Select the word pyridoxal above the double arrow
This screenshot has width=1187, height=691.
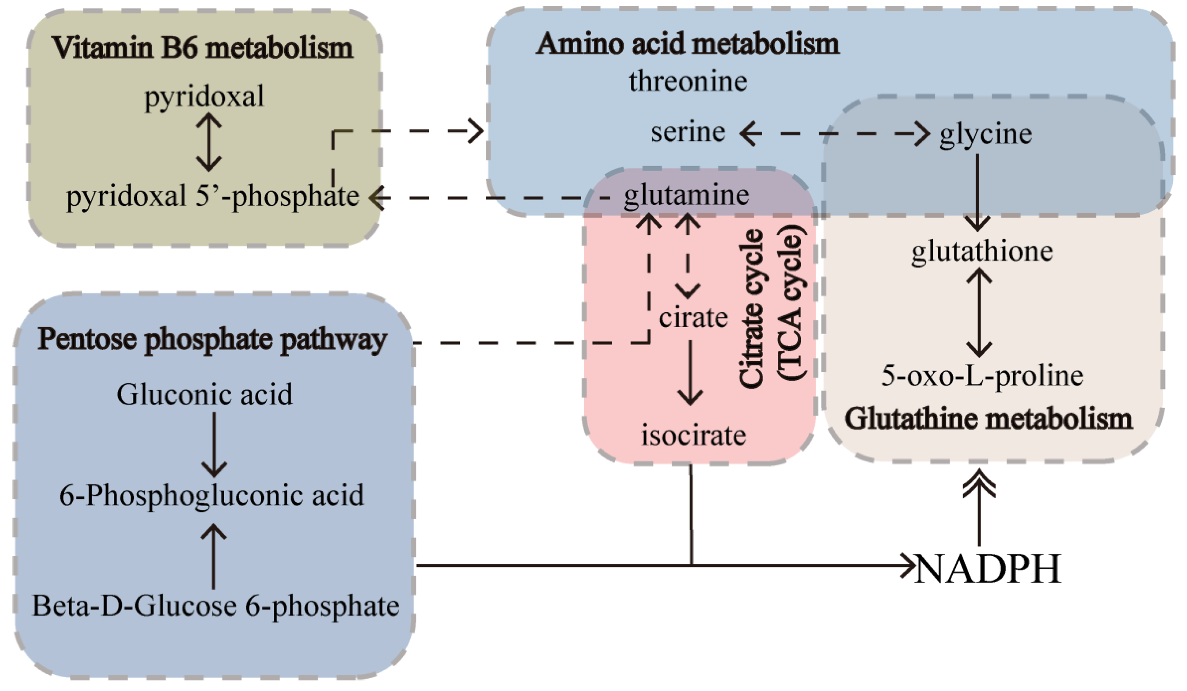coord(204,97)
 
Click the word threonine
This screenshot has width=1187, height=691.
coord(688,81)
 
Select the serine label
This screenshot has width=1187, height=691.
coord(688,132)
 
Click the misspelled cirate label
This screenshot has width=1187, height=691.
coord(693,318)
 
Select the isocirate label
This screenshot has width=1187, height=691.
coord(693,435)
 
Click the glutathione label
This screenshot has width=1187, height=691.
coord(982,251)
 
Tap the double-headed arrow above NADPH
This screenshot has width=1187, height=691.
coord(979,508)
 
